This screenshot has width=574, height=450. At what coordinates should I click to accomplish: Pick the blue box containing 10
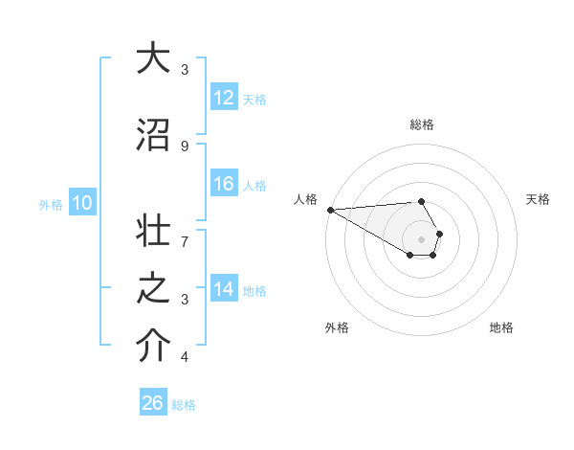coord(81,203)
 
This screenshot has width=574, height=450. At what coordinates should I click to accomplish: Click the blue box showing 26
coord(153,403)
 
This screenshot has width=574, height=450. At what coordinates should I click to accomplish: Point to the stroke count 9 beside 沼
coord(185,146)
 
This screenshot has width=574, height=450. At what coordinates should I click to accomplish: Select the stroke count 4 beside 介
coord(185,357)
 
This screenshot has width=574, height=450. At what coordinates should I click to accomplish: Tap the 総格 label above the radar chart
coord(421,124)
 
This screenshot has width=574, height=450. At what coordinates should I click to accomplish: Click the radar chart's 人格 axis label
coord(305,199)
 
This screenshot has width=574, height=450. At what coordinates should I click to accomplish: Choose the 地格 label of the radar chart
coord(501,327)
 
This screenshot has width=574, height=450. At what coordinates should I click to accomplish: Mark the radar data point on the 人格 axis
coord(330,210)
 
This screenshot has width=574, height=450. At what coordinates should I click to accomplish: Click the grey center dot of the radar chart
coord(421,239)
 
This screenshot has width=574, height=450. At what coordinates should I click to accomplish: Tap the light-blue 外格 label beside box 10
coord(51,204)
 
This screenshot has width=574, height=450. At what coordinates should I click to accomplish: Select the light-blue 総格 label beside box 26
coord(184,405)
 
